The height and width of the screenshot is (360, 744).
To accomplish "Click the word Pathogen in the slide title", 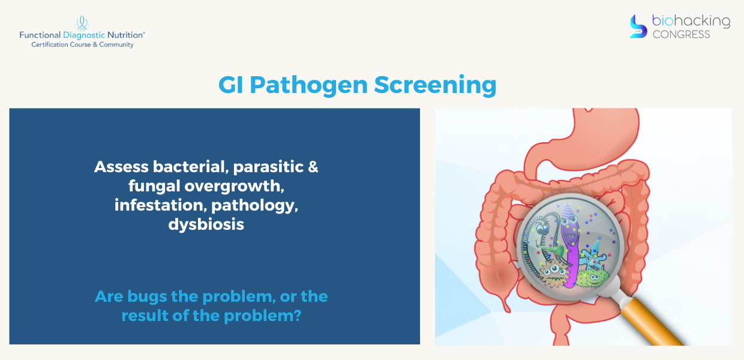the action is click(308, 86).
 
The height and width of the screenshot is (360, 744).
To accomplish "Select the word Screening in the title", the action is click(435, 86).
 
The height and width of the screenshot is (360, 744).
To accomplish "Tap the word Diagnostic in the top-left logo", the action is click(84, 35).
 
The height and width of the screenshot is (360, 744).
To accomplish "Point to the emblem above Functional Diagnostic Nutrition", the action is click(82, 23).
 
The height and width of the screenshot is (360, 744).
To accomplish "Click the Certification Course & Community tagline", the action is click(82, 44).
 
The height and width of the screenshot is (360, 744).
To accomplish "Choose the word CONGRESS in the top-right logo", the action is click(681, 34).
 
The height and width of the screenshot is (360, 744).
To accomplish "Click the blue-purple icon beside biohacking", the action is click(638, 26).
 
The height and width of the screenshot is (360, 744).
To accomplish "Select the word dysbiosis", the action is click(206, 224).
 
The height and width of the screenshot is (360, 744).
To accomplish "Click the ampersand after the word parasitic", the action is click(313, 167).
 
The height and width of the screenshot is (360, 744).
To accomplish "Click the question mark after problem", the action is click(298, 315).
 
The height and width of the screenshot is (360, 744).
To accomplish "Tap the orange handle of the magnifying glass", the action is click(652, 322).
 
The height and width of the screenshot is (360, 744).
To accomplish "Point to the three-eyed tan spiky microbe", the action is click(554, 272).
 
